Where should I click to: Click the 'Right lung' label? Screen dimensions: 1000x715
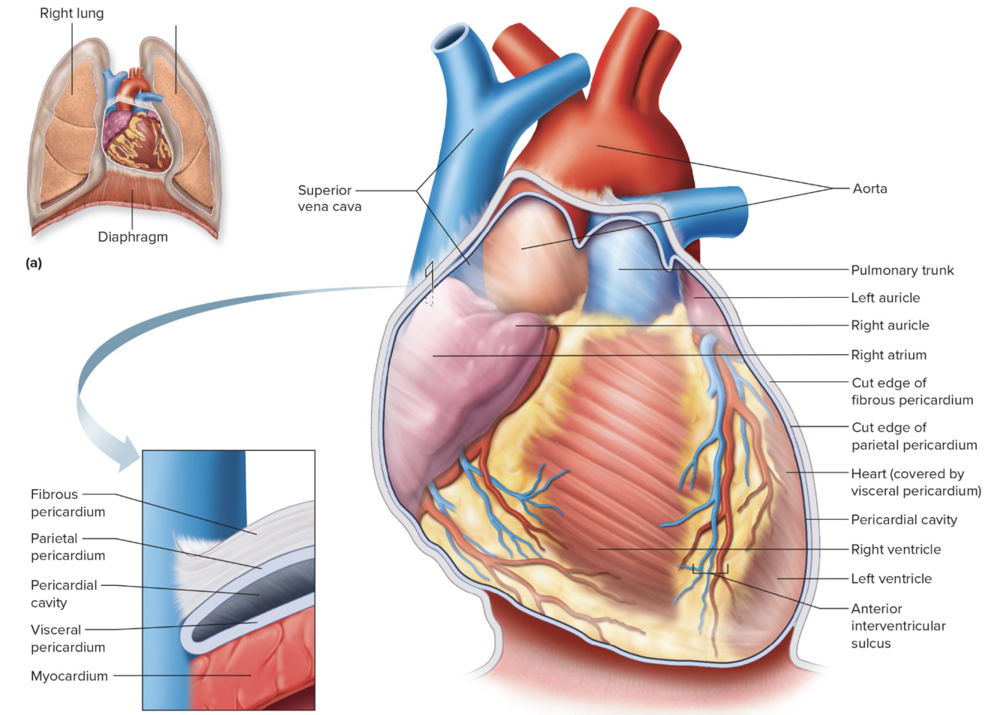[72, 14]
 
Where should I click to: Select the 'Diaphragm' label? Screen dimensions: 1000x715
[133, 237]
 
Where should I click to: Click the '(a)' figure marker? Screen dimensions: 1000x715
[34, 263]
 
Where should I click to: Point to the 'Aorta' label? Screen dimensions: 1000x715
[870, 189]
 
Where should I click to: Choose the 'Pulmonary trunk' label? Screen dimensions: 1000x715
[902, 270]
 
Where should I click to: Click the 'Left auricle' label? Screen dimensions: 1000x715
[885, 298]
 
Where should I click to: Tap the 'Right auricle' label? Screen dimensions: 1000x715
[890, 326]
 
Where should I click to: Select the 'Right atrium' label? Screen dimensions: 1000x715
[888, 355]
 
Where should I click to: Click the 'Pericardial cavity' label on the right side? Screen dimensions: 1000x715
[903, 520]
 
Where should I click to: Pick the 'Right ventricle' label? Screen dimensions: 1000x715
[896, 550]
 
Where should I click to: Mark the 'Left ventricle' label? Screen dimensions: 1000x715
[891, 579]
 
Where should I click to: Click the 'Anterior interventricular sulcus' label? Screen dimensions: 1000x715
[898, 626]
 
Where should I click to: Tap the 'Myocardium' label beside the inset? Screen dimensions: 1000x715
[69, 676]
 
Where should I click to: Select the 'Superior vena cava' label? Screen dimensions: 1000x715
[329, 199]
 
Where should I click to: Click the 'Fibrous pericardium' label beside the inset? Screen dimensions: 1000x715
[67, 503]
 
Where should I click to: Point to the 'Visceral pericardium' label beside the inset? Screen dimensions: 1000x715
[67, 638]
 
